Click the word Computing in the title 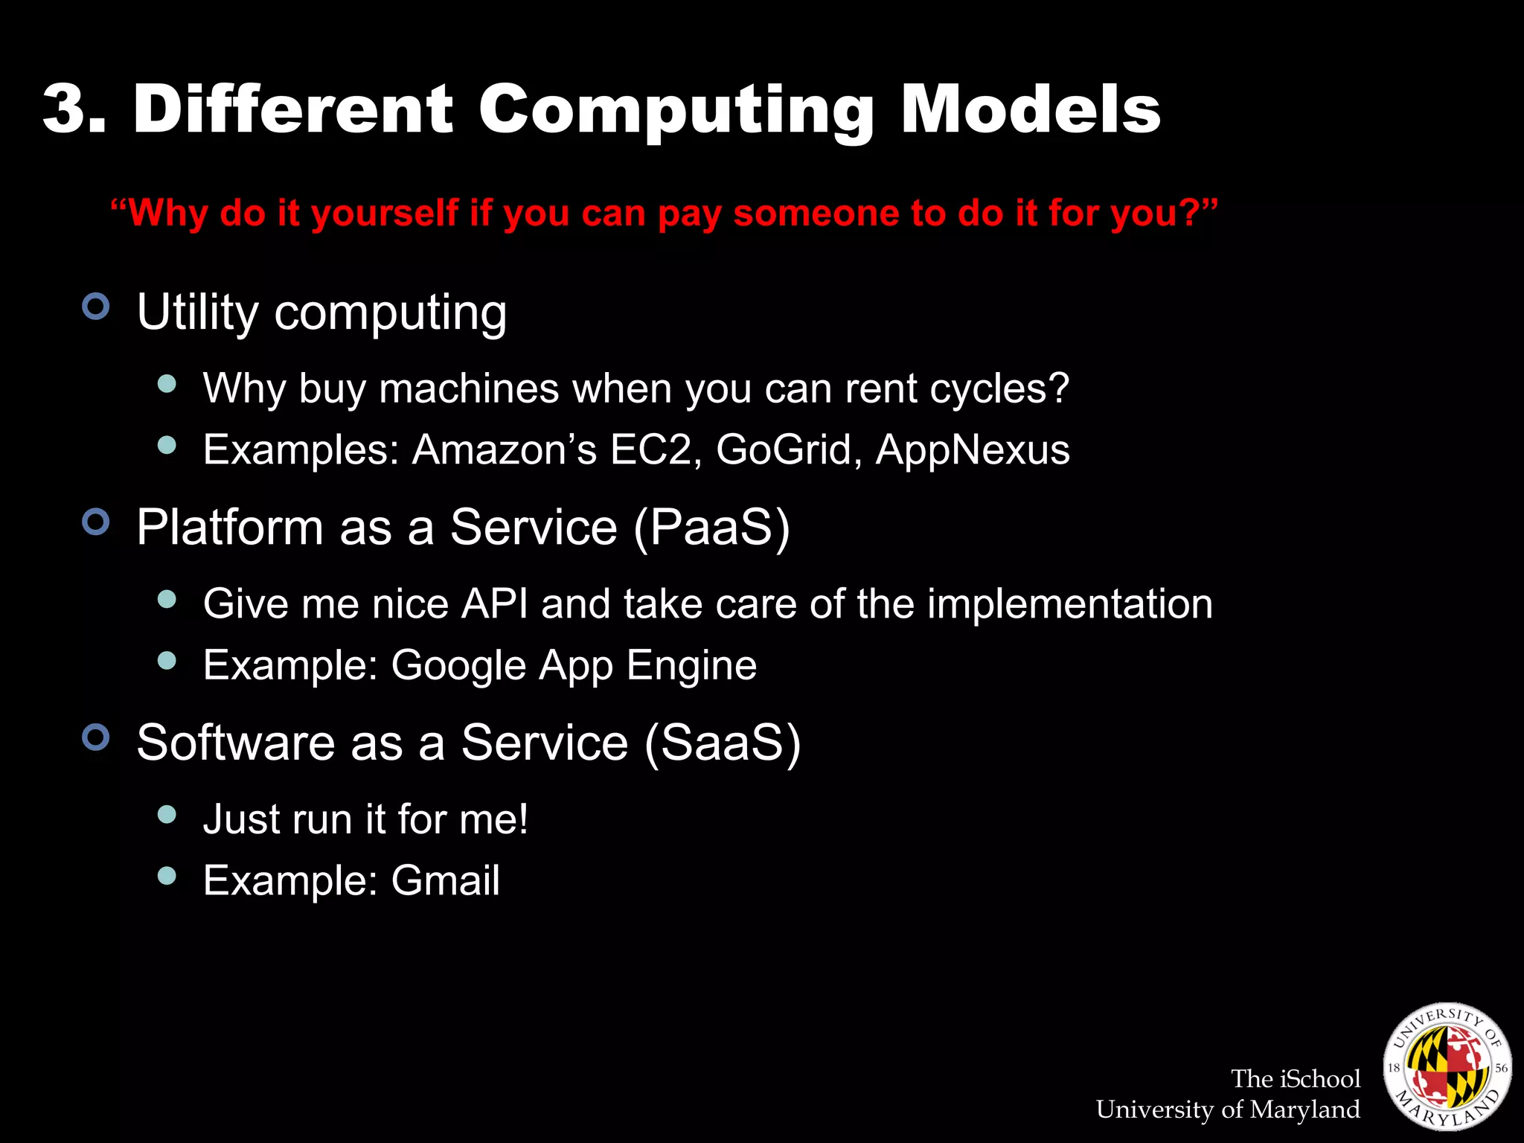click(676, 112)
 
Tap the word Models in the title click(1030, 109)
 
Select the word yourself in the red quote click(385, 214)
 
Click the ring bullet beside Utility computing click(96, 306)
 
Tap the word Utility click(197, 313)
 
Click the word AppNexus click(973, 449)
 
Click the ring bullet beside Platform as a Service click(96, 522)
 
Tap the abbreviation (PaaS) click(712, 528)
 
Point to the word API click(494, 603)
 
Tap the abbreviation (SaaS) click(723, 743)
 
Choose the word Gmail click(445, 881)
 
